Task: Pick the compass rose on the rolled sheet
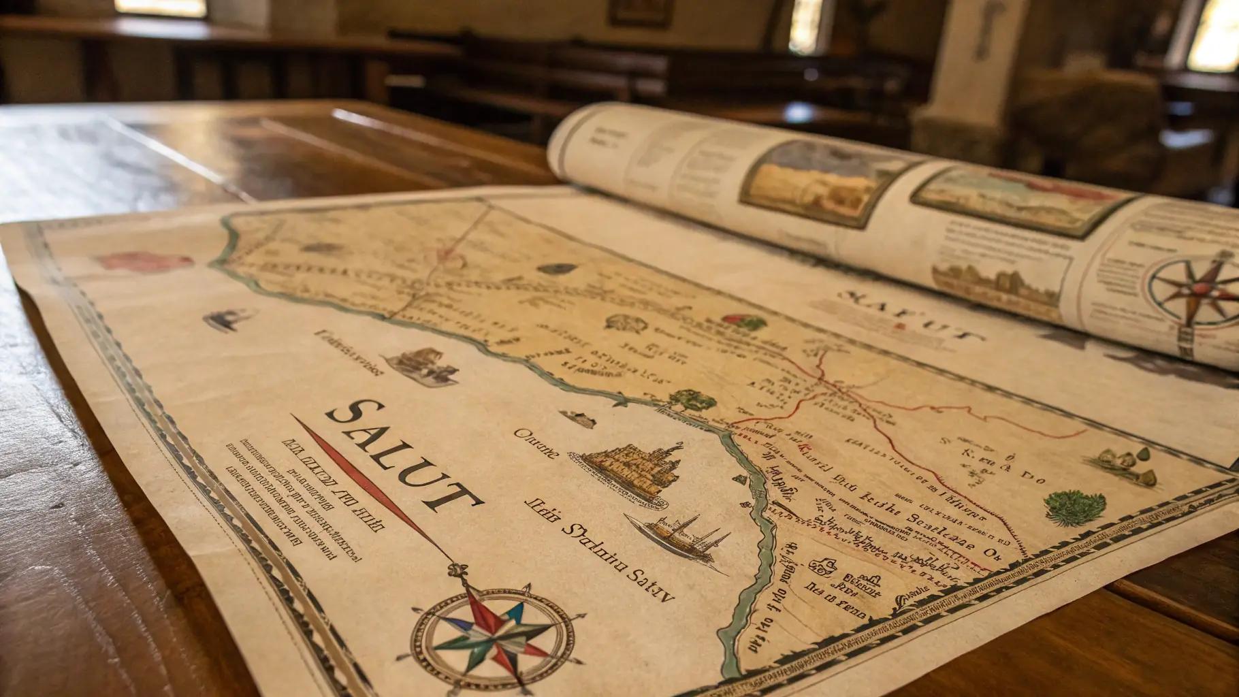pos(1195,289)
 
